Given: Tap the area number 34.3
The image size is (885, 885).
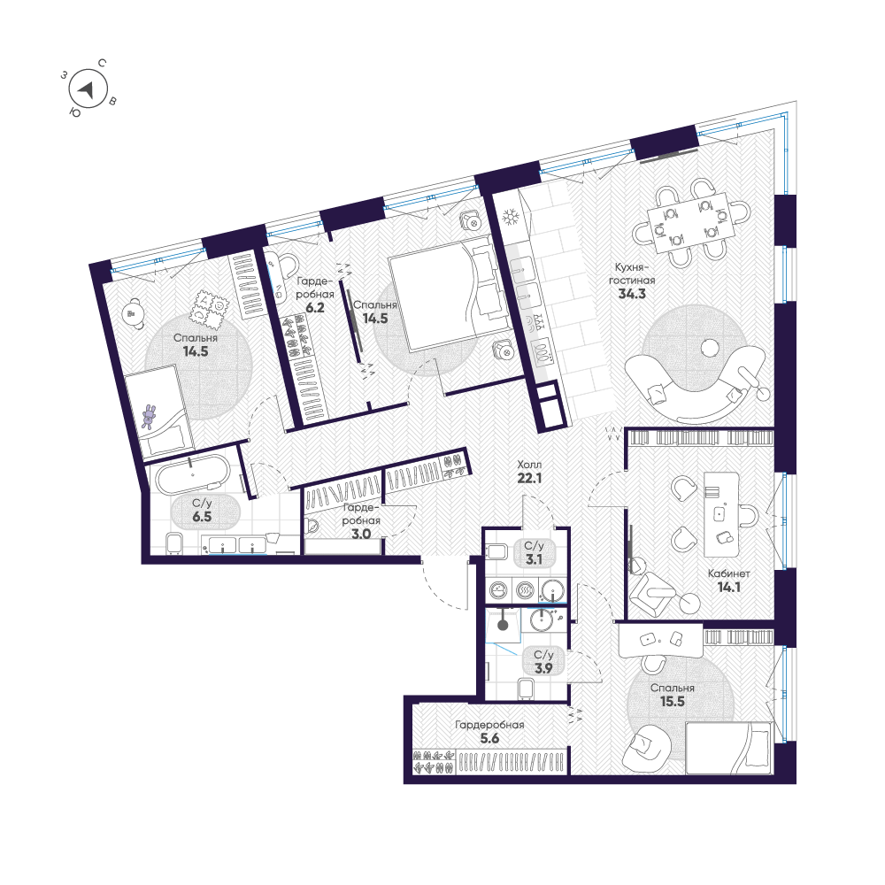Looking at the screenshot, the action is pyautogui.click(x=632, y=294).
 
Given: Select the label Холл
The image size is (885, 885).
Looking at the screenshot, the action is pyautogui.click(x=529, y=465).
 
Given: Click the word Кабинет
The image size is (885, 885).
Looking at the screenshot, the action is pyautogui.click(x=728, y=573).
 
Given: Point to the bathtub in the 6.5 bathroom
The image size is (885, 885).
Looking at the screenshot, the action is pyautogui.click(x=193, y=474).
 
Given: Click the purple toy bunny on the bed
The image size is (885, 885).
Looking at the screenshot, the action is pyautogui.click(x=150, y=417).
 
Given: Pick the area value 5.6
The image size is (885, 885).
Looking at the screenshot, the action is pyautogui.click(x=489, y=738).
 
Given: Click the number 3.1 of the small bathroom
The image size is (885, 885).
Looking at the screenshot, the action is pyautogui.click(x=534, y=559).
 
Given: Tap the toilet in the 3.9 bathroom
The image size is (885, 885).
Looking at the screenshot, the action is pyautogui.click(x=526, y=688).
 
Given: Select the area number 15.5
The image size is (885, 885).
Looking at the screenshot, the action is pyautogui.click(x=673, y=702).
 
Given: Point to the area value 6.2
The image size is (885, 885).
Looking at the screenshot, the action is pyautogui.click(x=315, y=308).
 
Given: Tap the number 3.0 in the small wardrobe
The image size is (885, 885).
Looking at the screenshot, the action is pyautogui.click(x=361, y=534).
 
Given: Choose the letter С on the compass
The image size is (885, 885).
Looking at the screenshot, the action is pyautogui.click(x=102, y=63).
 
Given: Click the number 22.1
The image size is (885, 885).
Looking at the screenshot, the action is pyautogui.click(x=529, y=478).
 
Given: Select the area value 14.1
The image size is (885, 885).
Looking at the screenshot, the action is pyautogui.click(x=728, y=587).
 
